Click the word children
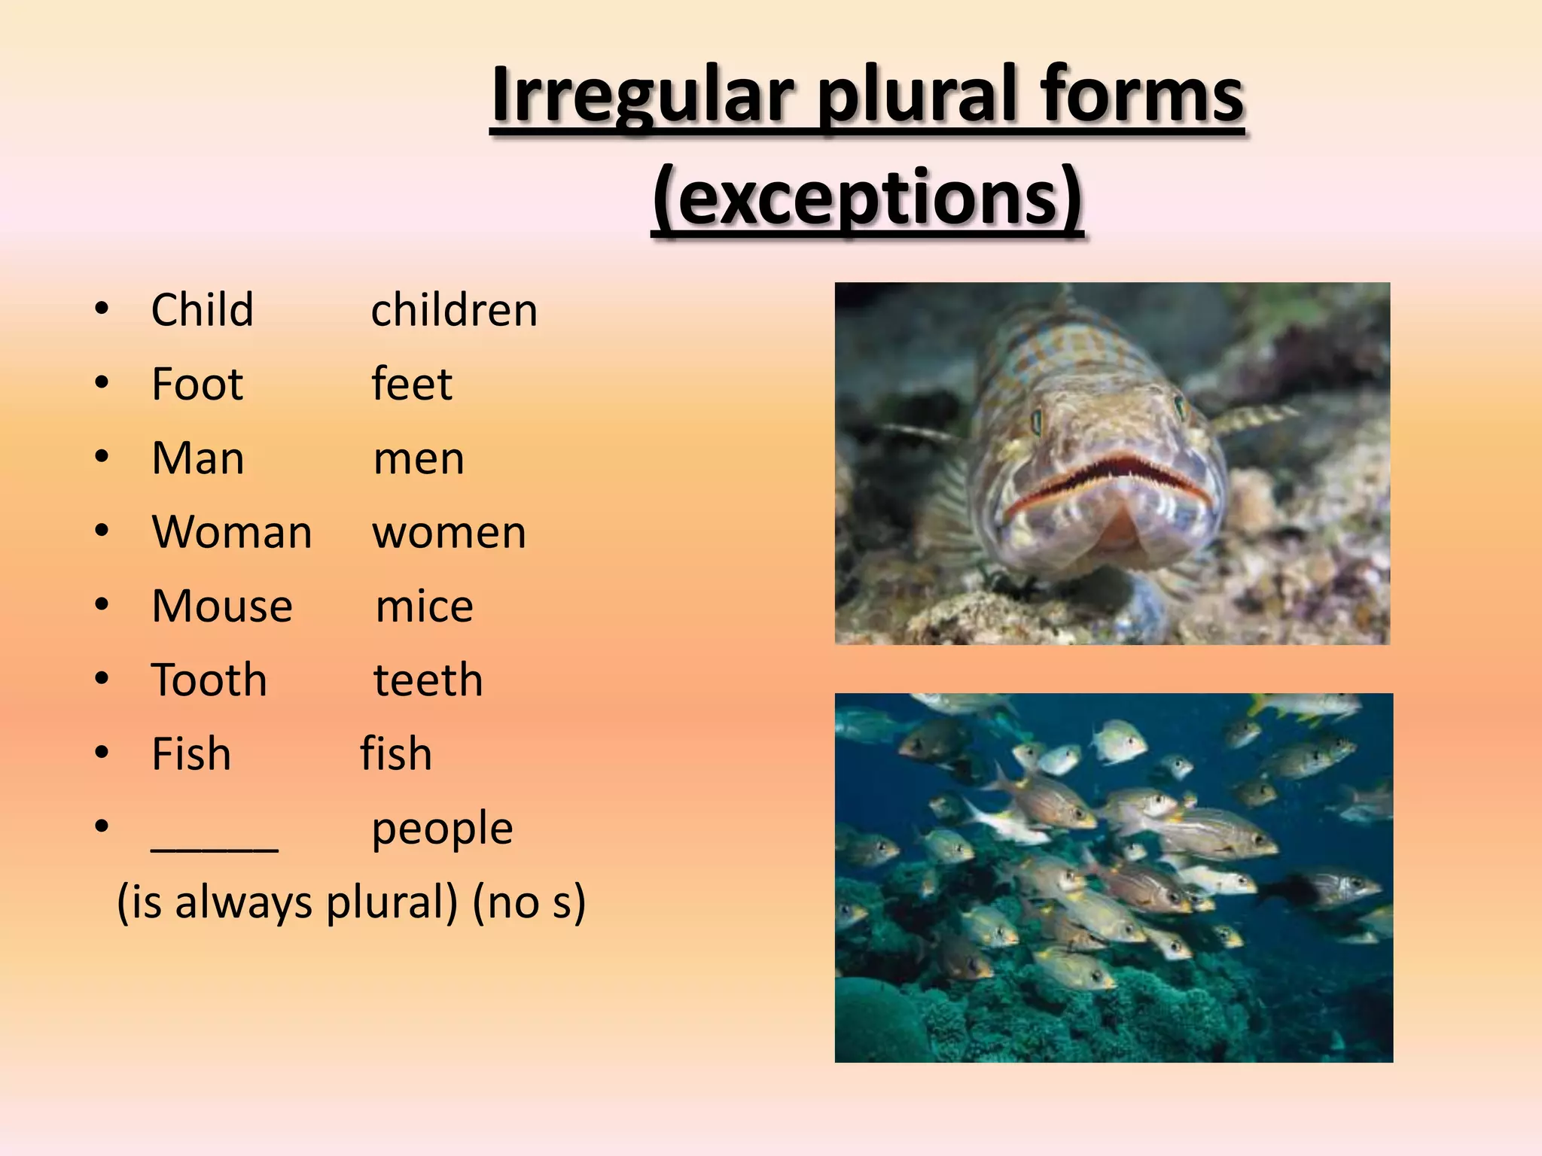tap(454, 310)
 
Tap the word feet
tap(412, 384)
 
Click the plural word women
tap(449, 532)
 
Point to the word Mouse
tap(222, 606)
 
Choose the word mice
tap(424, 606)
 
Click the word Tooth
tap(209, 680)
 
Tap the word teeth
tap(428, 680)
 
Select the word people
tap(442, 829)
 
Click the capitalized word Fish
tap(191, 753)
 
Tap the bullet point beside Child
tap(102, 309)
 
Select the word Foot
tap(197, 384)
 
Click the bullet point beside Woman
tap(102, 531)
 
